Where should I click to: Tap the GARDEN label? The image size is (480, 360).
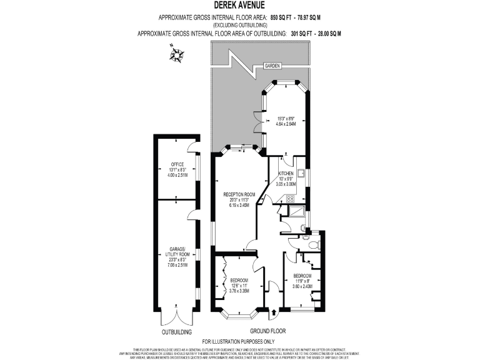[x=272, y=66]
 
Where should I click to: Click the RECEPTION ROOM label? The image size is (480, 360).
[x=240, y=194]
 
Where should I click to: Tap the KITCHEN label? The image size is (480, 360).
[x=286, y=173]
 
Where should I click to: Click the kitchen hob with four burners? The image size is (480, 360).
[x=289, y=199]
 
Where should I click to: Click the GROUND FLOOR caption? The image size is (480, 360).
[x=268, y=331]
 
